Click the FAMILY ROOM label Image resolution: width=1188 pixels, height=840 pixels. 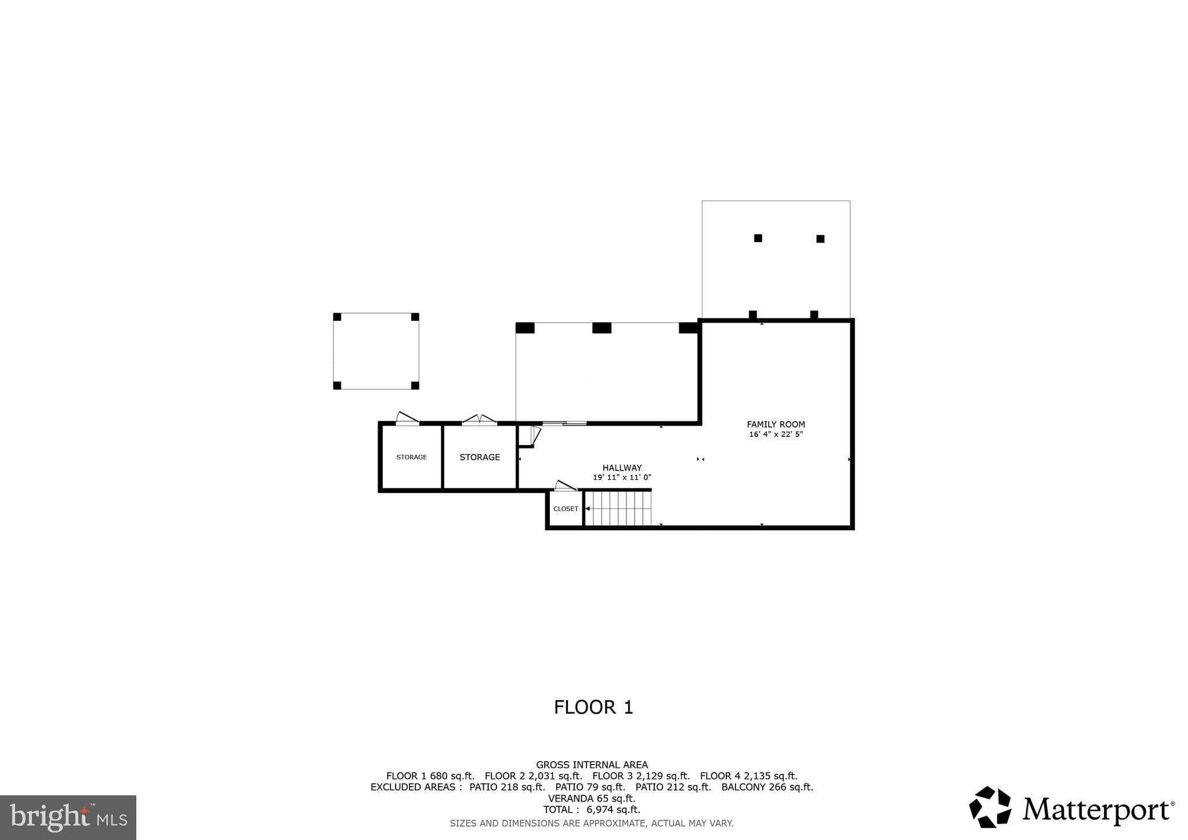[776, 425]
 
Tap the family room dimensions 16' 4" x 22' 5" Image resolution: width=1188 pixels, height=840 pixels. [776, 435]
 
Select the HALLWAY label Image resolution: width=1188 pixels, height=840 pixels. [622, 468]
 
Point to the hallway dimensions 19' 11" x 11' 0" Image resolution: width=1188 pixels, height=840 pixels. [622, 477]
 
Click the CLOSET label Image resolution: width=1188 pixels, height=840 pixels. [566, 509]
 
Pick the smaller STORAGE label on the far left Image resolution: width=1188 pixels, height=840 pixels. [411, 457]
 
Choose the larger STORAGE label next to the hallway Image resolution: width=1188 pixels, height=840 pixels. [479, 457]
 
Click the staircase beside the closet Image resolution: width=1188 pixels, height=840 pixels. [618, 508]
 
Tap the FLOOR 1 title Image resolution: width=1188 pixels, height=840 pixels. [593, 707]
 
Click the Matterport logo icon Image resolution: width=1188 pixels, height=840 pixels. [990, 807]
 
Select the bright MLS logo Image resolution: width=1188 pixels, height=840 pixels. [68, 817]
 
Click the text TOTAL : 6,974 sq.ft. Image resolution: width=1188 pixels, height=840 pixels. [591, 809]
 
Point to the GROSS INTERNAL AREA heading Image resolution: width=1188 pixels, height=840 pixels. [592, 765]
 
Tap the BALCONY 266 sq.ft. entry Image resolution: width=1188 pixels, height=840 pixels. [767, 787]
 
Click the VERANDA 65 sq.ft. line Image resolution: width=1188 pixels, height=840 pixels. [591, 798]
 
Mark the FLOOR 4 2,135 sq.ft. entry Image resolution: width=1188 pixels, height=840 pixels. [748, 776]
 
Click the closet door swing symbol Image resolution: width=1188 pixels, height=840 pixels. [565, 486]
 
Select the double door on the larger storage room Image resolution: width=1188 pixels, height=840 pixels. [479, 419]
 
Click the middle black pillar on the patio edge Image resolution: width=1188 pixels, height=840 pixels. [602, 328]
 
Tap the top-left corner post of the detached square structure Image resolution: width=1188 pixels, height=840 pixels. [337, 317]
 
